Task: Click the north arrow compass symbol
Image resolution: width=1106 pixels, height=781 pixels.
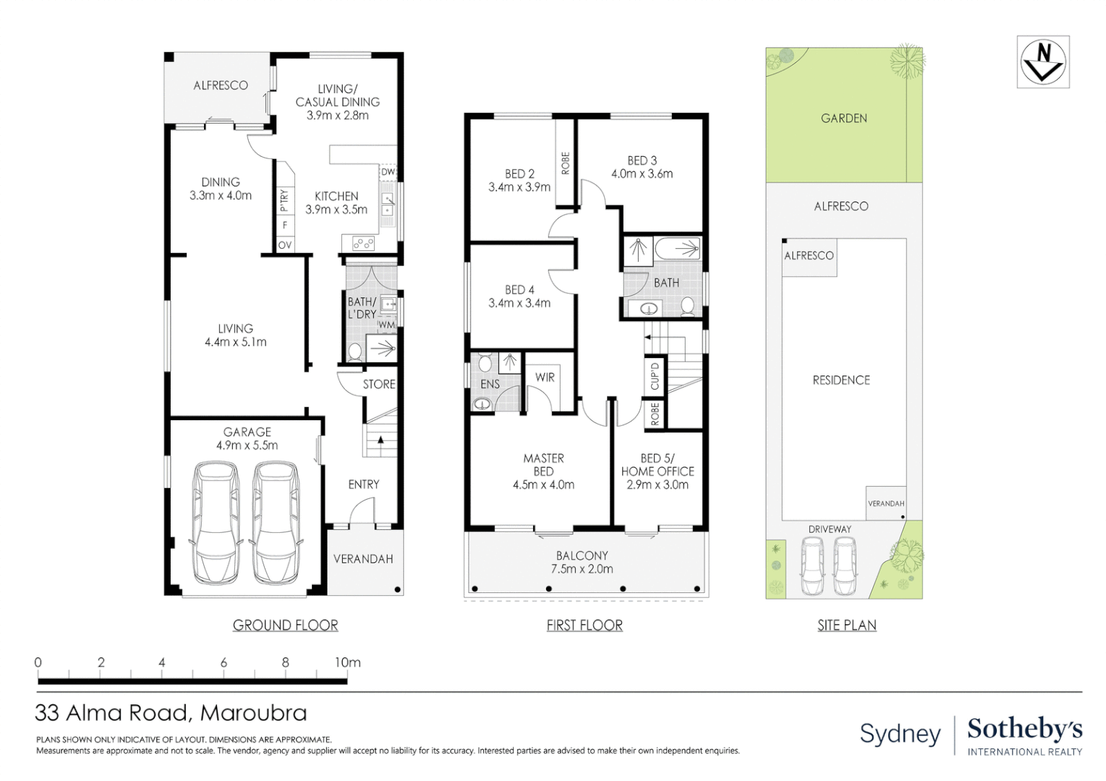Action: pyautogui.click(x=1042, y=62)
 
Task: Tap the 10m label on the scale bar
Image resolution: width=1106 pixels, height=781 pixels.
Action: pyautogui.click(x=347, y=662)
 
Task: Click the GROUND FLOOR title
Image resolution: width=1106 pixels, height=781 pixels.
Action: pyautogui.click(x=285, y=626)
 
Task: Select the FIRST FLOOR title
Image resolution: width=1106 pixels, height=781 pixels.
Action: pyautogui.click(x=584, y=626)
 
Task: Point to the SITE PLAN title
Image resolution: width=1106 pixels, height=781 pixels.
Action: pyautogui.click(x=846, y=626)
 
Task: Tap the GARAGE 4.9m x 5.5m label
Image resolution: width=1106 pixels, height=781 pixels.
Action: pyautogui.click(x=247, y=439)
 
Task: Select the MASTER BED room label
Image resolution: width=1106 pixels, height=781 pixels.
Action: pyautogui.click(x=543, y=471)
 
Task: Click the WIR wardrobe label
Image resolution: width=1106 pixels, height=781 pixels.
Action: pyautogui.click(x=545, y=377)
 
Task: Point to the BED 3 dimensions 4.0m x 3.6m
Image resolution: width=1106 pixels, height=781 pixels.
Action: pyautogui.click(x=642, y=174)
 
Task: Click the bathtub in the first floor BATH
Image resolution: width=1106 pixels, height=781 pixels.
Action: pyautogui.click(x=678, y=249)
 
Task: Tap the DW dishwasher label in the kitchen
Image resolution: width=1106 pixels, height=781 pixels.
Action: pyautogui.click(x=388, y=172)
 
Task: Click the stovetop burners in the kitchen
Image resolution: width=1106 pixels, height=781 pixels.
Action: pyautogui.click(x=364, y=244)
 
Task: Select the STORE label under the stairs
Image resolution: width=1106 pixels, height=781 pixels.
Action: pyautogui.click(x=379, y=385)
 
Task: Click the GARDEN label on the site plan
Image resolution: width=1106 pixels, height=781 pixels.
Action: pyautogui.click(x=843, y=119)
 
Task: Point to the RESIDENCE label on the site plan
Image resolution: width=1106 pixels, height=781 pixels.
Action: pyautogui.click(x=841, y=380)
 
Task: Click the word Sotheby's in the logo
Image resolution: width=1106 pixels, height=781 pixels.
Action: pyautogui.click(x=1024, y=729)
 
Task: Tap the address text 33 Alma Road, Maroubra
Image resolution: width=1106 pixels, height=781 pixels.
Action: pyautogui.click(x=171, y=713)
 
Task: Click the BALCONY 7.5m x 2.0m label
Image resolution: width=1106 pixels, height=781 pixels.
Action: pyautogui.click(x=582, y=562)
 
